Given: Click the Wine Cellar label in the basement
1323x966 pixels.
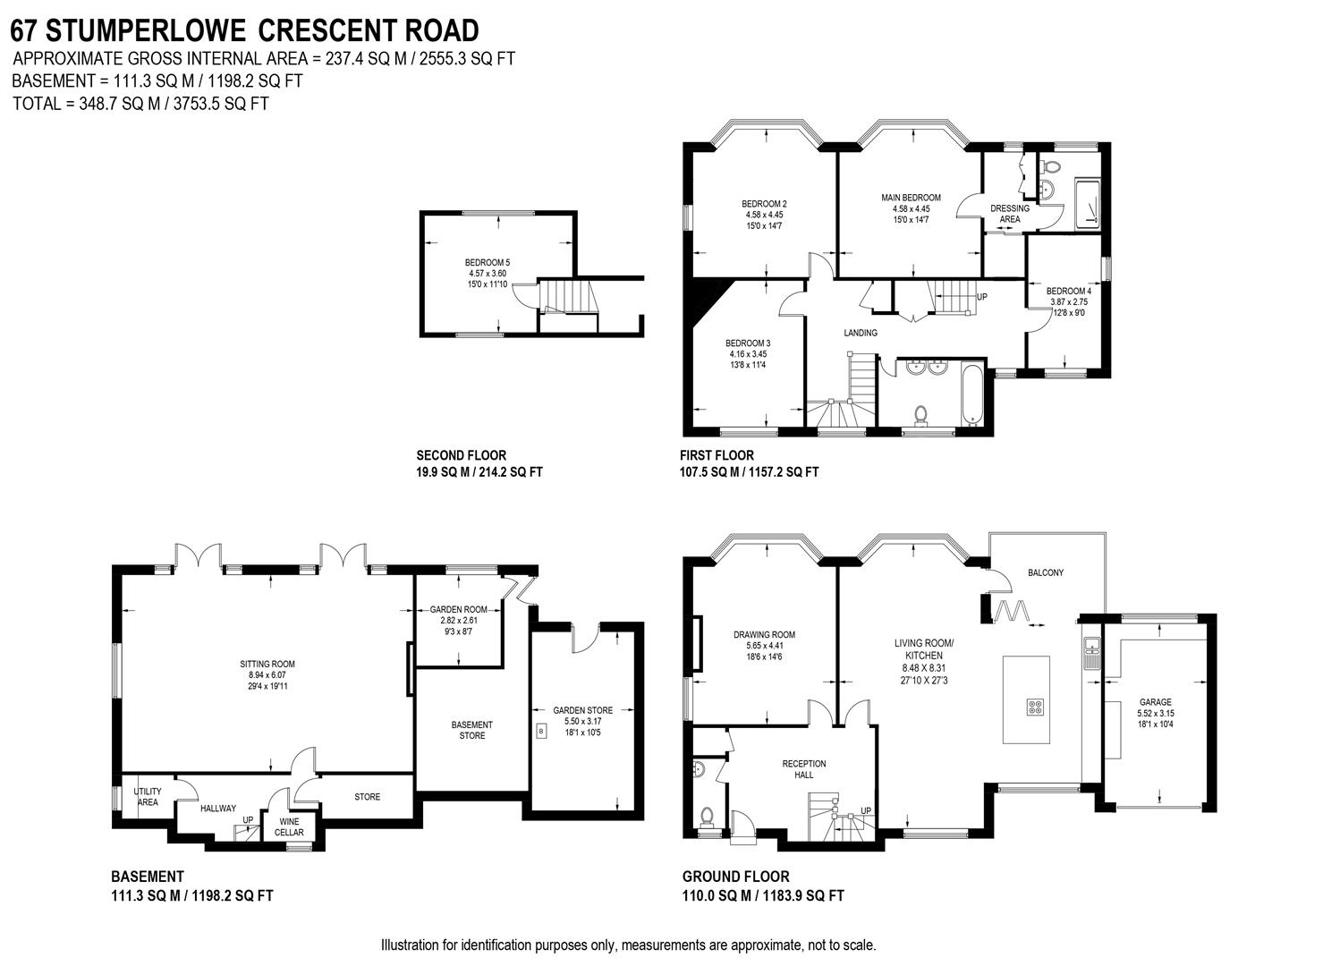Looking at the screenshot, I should click(x=289, y=827).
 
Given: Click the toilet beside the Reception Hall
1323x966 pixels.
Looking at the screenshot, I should click(x=707, y=815).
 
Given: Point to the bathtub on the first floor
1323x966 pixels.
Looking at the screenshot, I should click(x=971, y=394).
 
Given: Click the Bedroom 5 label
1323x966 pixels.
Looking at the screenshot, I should click(x=488, y=262).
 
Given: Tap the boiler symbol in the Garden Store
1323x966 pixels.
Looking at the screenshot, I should click(x=541, y=732).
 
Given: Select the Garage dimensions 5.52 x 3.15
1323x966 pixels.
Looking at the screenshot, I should click(x=1155, y=714).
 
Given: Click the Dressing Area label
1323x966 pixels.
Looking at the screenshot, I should click(x=1009, y=214).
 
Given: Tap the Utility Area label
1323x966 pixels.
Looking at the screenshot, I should click(x=148, y=797).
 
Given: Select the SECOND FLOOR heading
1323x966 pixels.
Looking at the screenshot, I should click(x=461, y=455).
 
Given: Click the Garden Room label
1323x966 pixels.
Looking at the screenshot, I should click(x=459, y=609).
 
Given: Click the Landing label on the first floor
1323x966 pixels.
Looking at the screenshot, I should click(x=861, y=333).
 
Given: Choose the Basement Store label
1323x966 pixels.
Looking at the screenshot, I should click(x=471, y=730).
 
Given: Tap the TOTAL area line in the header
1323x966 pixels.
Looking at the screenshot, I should click(x=140, y=103).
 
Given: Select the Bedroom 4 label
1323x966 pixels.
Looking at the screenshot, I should click(x=1068, y=291).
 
